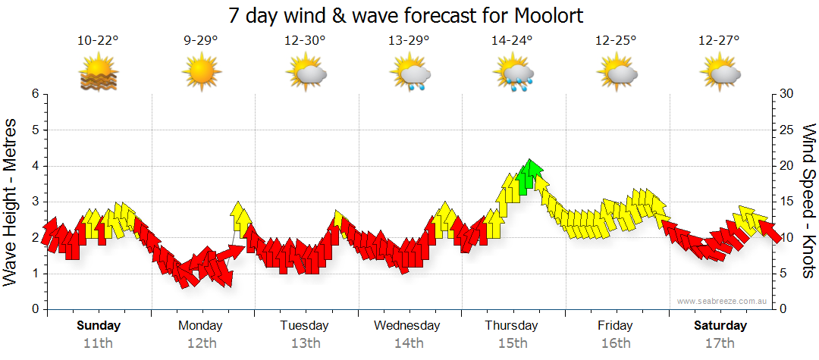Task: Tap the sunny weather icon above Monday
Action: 201,73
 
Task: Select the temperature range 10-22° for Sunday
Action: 98,41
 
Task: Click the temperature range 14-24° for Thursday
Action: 512,41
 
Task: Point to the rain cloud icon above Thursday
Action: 513,74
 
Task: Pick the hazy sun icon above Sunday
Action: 98,74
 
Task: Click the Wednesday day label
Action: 407,326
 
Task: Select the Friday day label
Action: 615,326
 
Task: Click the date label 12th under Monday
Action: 201,343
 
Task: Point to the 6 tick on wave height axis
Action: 34,94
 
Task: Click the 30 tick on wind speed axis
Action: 786,94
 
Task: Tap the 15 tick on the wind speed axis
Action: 786,202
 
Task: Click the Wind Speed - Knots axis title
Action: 808,202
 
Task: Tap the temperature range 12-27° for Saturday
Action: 720,41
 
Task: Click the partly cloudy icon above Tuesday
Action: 306,74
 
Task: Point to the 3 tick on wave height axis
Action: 34,202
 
